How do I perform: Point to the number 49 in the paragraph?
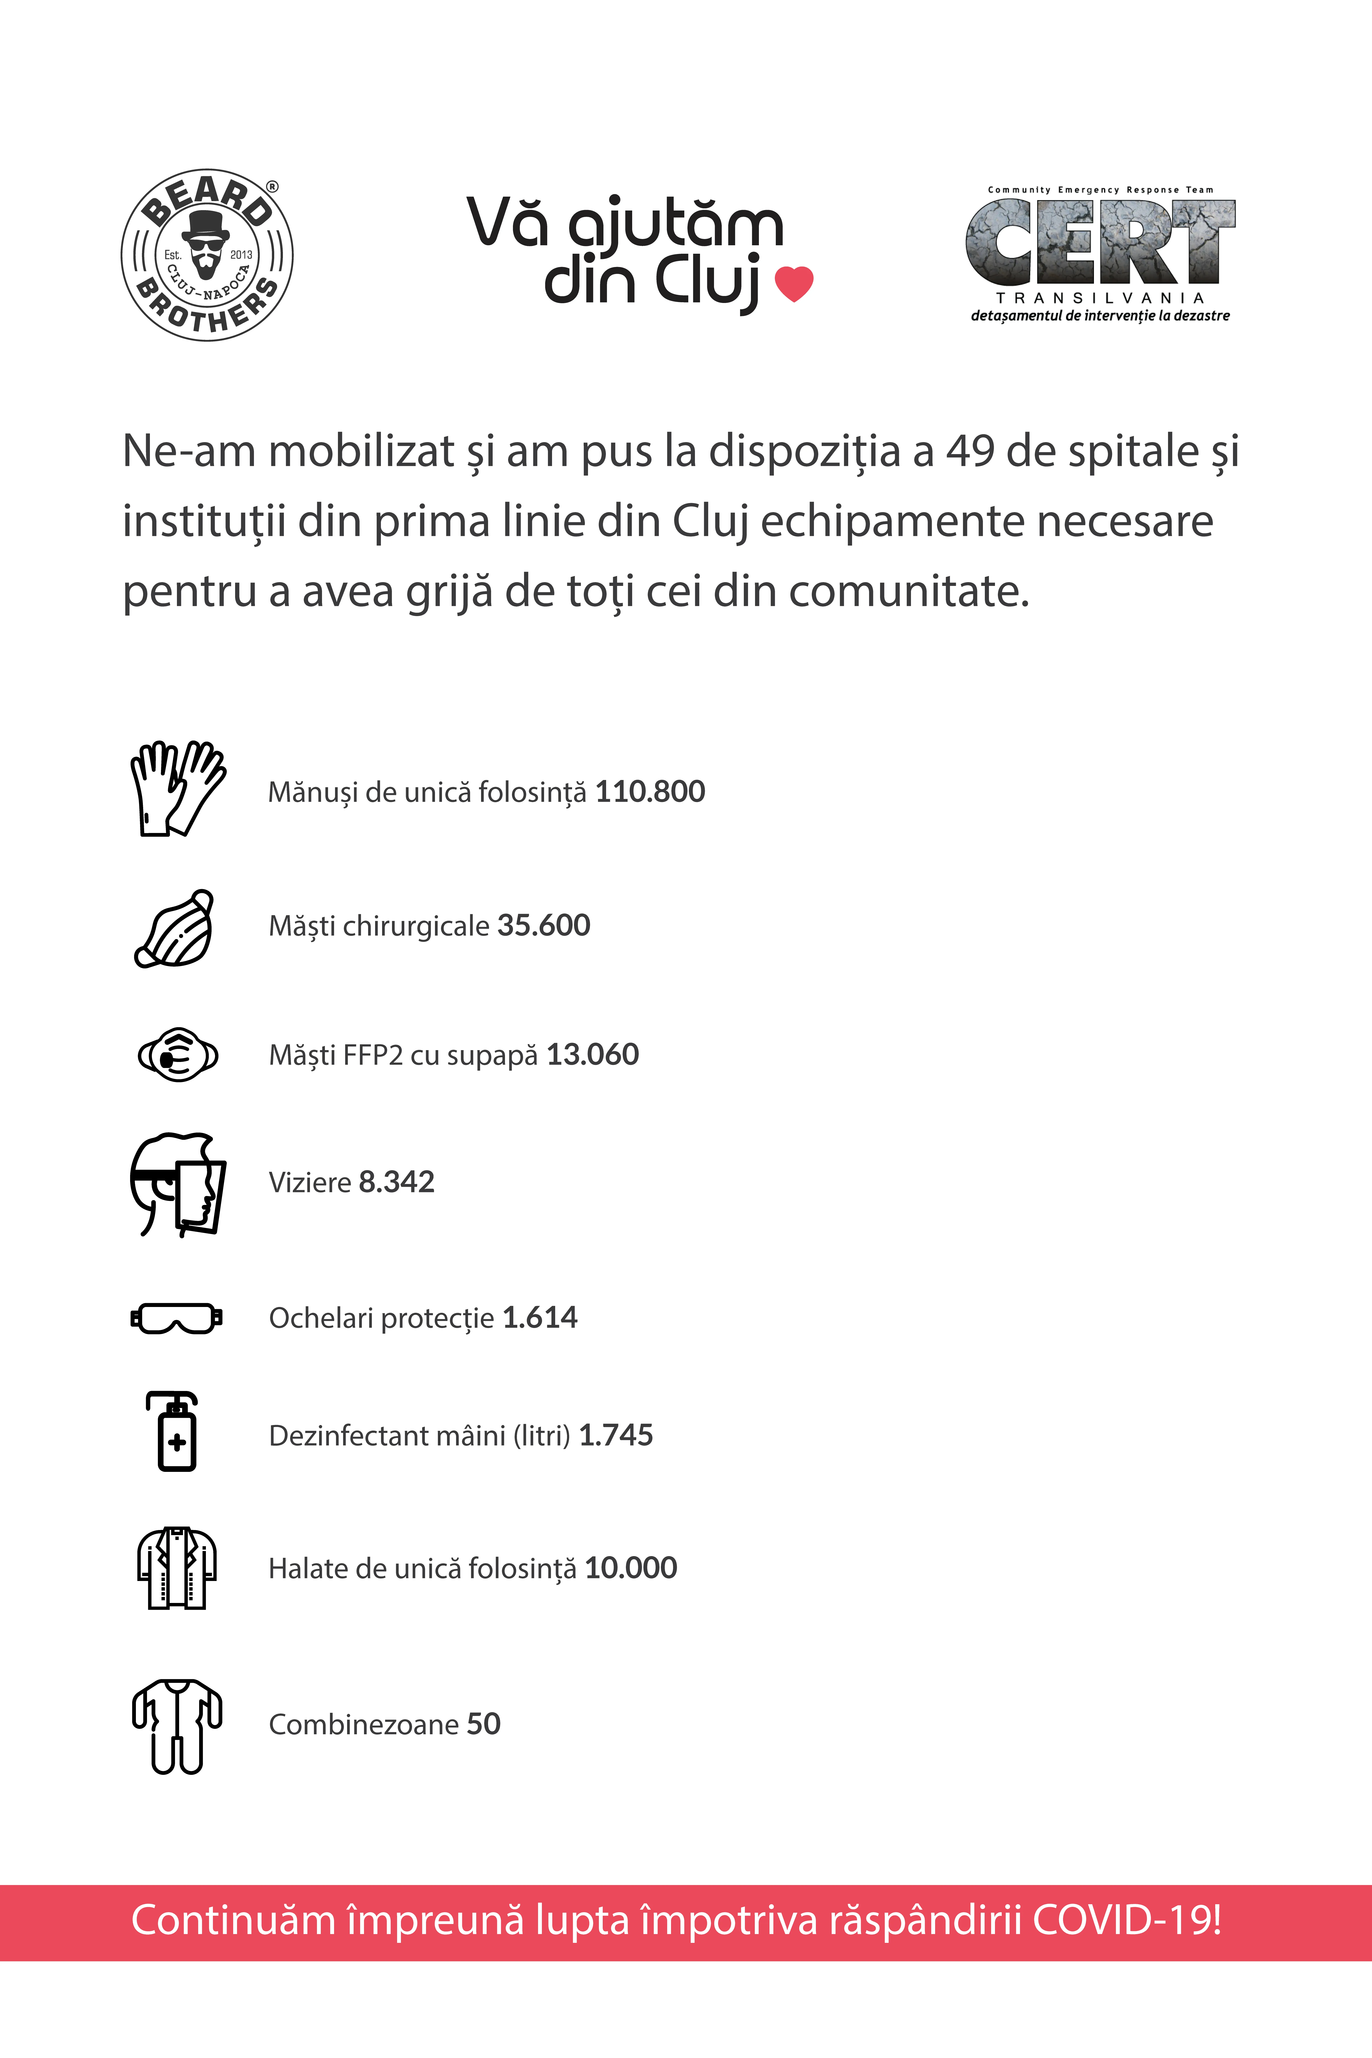[x=970, y=451]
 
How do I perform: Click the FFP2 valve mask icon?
[x=179, y=1054]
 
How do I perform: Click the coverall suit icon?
[x=177, y=1726]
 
